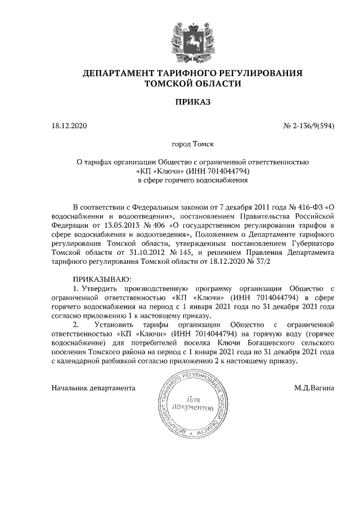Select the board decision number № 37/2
[x=258, y=262]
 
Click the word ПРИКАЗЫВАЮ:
[x=102, y=279]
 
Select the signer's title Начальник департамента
[x=93, y=388]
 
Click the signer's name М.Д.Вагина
[x=314, y=388]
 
